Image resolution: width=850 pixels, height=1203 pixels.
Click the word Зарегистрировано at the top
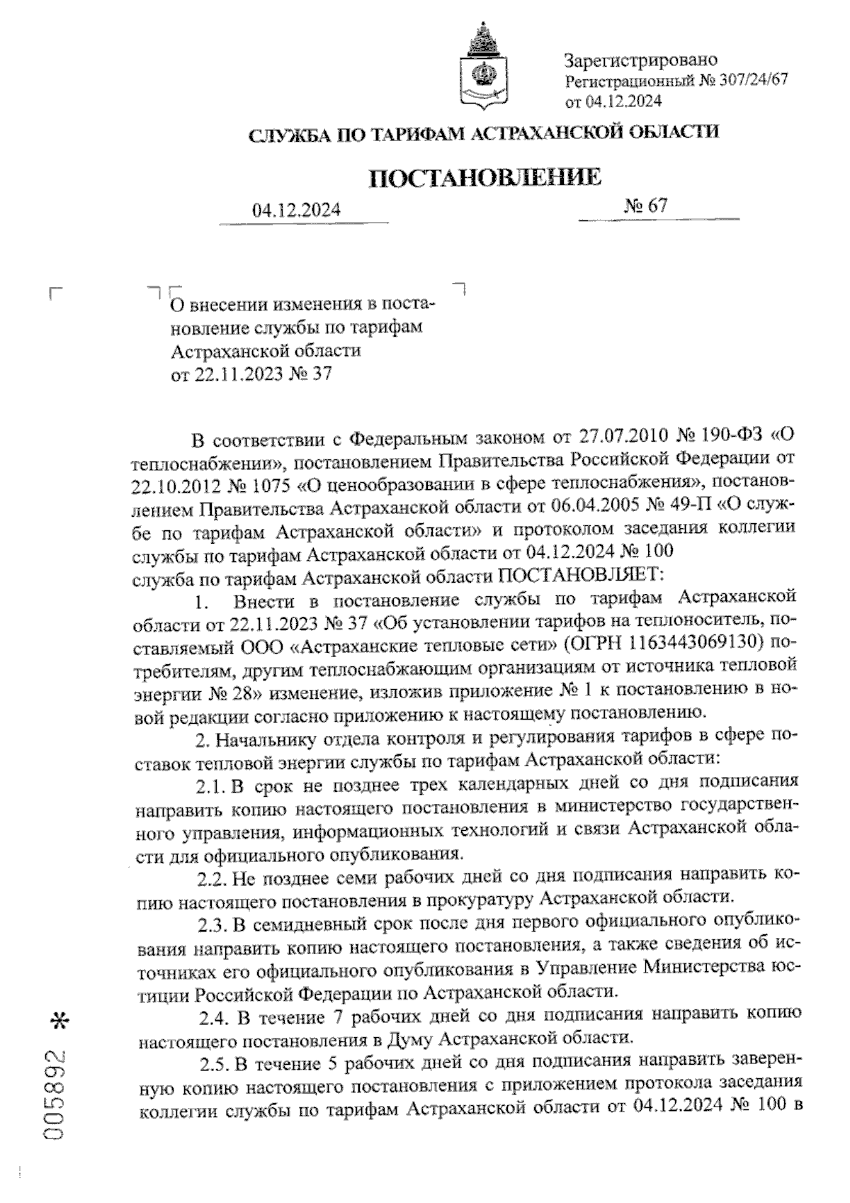pyautogui.click(x=641, y=60)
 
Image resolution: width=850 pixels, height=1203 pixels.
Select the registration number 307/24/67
pyautogui.click(x=750, y=80)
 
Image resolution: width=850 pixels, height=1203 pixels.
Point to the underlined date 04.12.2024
pyautogui.click(x=297, y=211)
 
